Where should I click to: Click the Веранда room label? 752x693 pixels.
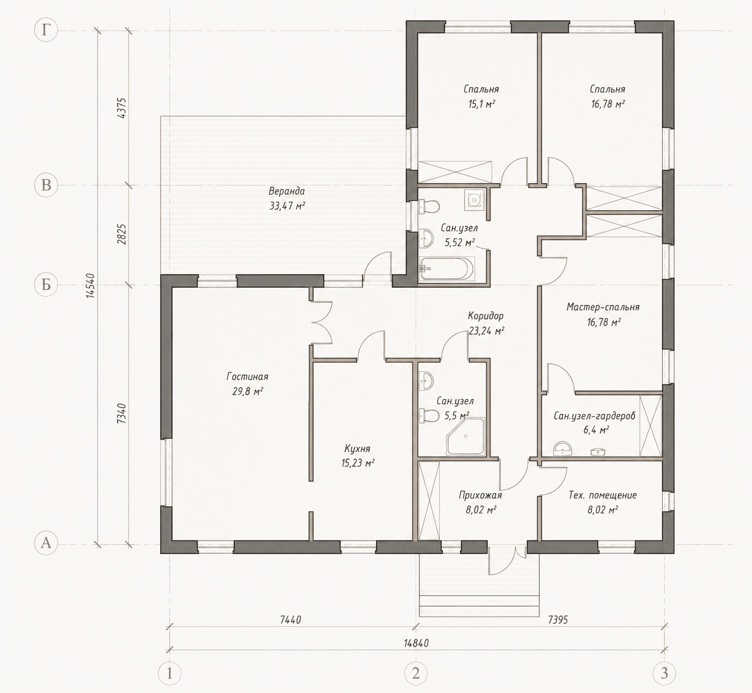287,191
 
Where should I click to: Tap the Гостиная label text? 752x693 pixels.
248,376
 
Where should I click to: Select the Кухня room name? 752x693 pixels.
357,449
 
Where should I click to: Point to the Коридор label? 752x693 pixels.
485,315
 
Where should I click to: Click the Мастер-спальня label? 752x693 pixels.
603,307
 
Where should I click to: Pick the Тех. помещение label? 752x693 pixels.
602,495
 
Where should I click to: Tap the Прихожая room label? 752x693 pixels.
480,495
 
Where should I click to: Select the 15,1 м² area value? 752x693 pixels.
481,104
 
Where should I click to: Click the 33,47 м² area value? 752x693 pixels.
287,206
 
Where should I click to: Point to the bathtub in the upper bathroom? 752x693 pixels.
447,269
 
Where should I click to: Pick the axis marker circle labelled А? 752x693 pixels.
46,543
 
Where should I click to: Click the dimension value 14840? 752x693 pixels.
416,643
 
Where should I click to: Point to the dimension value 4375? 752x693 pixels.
122,108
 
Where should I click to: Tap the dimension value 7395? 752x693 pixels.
558,619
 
